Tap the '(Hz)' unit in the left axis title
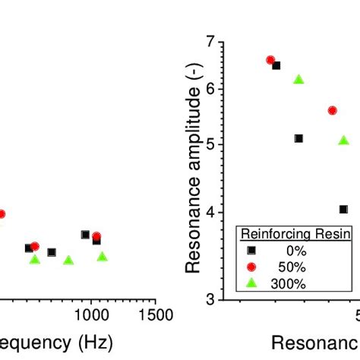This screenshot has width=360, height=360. [x=92, y=342]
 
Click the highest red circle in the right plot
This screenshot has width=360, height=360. [x=270, y=60]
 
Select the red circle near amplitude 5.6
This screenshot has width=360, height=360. [x=332, y=110]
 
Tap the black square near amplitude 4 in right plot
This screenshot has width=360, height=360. [x=343, y=209]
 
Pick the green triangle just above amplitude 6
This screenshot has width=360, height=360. [x=298, y=80]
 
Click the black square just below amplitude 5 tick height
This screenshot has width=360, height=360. [x=298, y=138]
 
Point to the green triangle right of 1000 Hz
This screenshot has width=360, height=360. [x=102, y=257]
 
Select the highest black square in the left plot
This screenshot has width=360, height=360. [x=85, y=235]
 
